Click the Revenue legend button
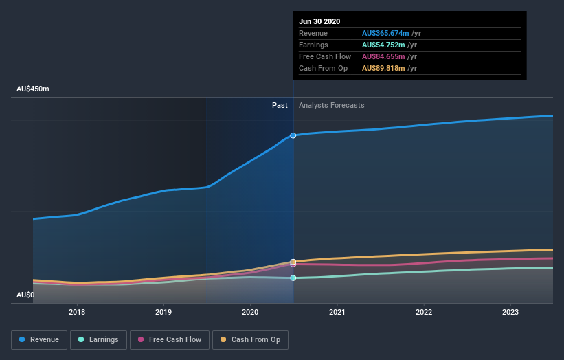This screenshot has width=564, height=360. (40, 339)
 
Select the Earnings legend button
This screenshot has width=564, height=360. (98, 339)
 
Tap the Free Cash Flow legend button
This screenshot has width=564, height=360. (170, 339)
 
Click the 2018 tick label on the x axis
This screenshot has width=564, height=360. (77, 312)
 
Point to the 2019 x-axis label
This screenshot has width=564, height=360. (163, 312)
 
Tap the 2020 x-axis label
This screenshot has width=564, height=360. (250, 312)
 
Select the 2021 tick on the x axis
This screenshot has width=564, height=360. (337, 312)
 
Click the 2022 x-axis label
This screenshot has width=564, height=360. (424, 312)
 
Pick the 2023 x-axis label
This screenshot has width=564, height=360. (510, 312)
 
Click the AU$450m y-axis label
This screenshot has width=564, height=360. (33, 89)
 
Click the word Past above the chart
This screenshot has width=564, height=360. (280, 105)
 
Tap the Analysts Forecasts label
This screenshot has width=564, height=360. (331, 105)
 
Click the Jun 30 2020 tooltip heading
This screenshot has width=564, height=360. (319, 21)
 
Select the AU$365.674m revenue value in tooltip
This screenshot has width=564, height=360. (385, 33)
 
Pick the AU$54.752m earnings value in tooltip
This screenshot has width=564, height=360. (383, 45)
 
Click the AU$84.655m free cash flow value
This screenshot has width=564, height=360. (383, 56)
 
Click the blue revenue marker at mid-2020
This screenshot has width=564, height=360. (293, 135)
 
